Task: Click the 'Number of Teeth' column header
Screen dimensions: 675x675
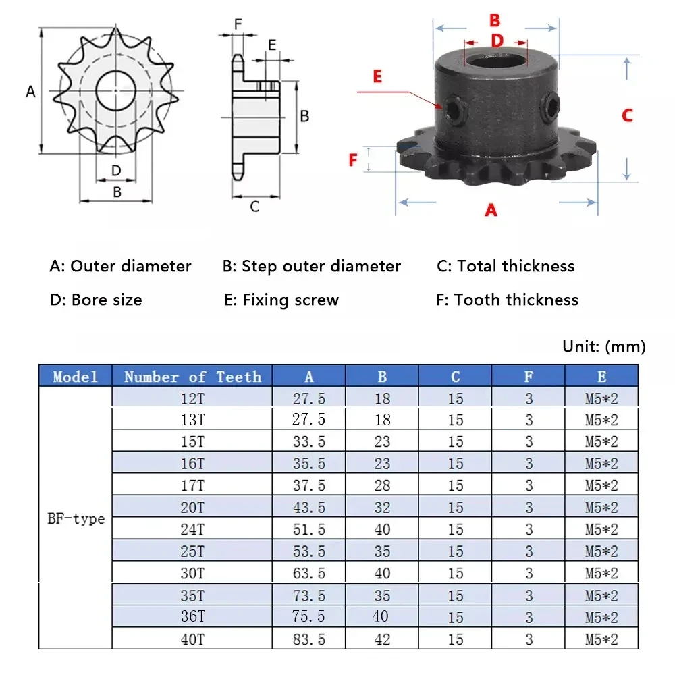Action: pyautogui.click(x=192, y=377)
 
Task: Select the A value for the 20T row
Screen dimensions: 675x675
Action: pyautogui.click(x=309, y=508)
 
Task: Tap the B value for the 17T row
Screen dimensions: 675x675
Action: pyautogui.click(x=382, y=485)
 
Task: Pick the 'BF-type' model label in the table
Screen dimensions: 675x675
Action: pyautogui.click(x=76, y=518)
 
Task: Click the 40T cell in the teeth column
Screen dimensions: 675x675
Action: pyautogui.click(x=192, y=639)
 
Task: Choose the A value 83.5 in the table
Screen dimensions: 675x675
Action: pyautogui.click(x=309, y=639)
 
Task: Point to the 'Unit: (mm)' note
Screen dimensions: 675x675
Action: pyautogui.click(x=604, y=346)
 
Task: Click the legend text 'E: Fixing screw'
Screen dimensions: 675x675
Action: pyautogui.click(x=281, y=300)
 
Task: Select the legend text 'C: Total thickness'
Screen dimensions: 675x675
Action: pyautogui.click(x=506, y=266)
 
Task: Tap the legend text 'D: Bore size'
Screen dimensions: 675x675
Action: pyautogui.click(x=96, y=300)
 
